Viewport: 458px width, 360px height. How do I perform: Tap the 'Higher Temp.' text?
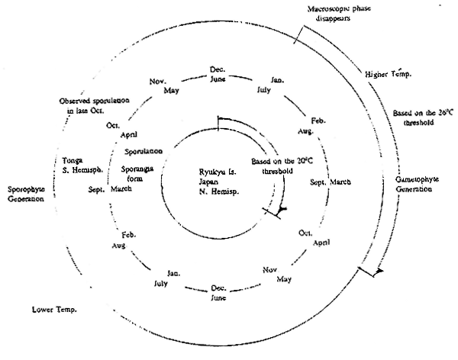tap(387, 76)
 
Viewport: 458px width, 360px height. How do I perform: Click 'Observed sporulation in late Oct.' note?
tap(91, 105)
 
